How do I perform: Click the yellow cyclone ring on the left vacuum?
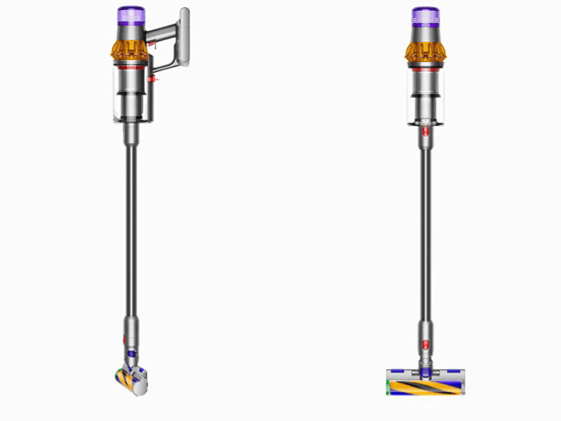[x=130, y=47]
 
